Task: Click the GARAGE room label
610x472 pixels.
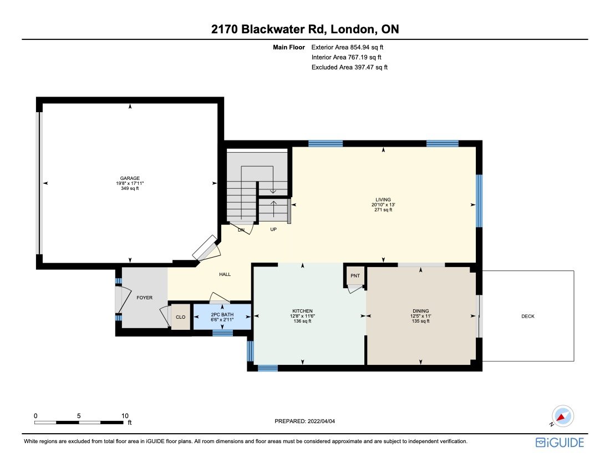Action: click(x=130, y=178)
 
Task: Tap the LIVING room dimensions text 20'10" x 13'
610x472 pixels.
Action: click(x=383, y=204)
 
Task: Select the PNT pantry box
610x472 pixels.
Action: click(x=355, y=276)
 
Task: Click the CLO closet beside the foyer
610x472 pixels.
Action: click(x=180, y=317)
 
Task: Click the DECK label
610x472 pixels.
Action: click(x=527, y=316)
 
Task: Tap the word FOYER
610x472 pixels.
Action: click(x=144, y=298)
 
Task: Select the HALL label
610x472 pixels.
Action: click(x=225, y=274)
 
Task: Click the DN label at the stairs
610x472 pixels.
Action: click(x=241, y=229)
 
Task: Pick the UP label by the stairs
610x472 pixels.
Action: click(x=273, y=229)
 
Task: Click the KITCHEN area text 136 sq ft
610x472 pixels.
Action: click(x=303, y=322)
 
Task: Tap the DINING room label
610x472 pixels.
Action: click(x=420, y=311)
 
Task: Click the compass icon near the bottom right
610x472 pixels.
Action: click(x=563, y=416)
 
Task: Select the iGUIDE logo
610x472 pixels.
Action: click(x=560, y=443)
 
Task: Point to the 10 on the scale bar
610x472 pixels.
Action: click(x=125, y=415)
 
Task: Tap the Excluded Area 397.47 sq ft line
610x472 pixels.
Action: click(x=349, y=67)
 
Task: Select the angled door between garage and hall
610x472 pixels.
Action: click(x=205, y=248)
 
